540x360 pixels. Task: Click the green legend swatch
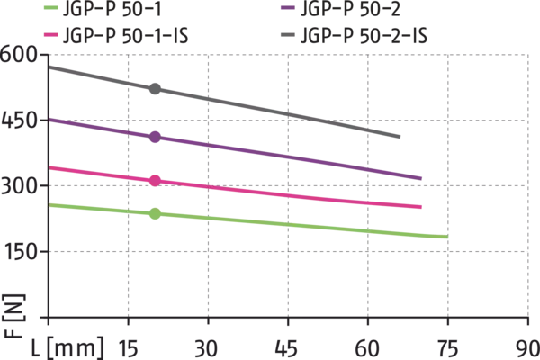[x=53, y=7]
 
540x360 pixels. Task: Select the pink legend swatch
[x=53, y=34]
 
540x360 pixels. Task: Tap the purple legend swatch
[x=286, y=7]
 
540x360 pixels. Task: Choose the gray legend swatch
[x=286, y=34]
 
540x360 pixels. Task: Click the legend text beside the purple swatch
[x=351, y=7]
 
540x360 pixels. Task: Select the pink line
[x=270, y=193]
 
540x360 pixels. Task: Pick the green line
[x=270, y=222]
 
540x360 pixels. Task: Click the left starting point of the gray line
[x=53, y=67]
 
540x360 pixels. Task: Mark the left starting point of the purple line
[x=53, y=119]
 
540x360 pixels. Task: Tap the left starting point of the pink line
[x=53, y=168]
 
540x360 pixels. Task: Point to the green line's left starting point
[x=53, y=205]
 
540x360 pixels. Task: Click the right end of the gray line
[x=399, y=137]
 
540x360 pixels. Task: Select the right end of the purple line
[x=421, y=178]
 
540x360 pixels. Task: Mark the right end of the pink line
[x=421, y=208]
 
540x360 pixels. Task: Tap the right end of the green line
[x=445, y=238]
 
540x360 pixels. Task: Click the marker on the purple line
[x=155, y=137]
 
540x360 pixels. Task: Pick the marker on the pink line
[x=155, y=181]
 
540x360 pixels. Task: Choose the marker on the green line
[x=155, y=214]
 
